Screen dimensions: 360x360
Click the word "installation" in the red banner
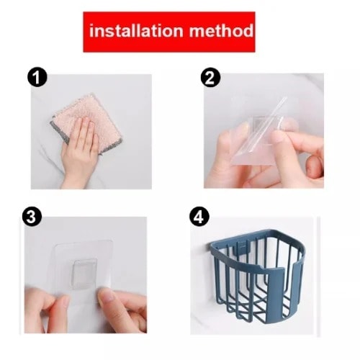pyautogui.click(x=136, y=31)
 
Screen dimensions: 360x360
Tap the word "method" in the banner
pyautogui.click(x=221, y=31)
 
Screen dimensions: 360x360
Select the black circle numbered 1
pyautogui.click(x=37, y=77)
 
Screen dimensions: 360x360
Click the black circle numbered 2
pyautogui.click(x=210, y=77)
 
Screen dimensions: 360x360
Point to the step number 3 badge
pyautogui.click(x=32, y=216)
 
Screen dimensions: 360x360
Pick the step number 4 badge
pyautogui.click(x=199, y=216)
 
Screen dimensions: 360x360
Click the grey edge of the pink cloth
pyautogui.click(x=60, y=132)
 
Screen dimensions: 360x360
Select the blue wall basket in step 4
pyautogui.click(x=258, y=276)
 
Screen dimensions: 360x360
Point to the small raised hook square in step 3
pyautogui.click(x=85, y=274)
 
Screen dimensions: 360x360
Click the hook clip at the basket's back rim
pyautogui.click(x=242, y=247)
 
